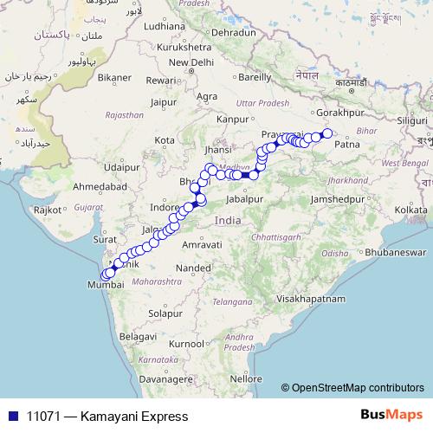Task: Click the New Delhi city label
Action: tap(191, 62)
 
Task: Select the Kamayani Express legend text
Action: tap(107, 417)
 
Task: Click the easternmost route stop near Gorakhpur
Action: tap(327, 132)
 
